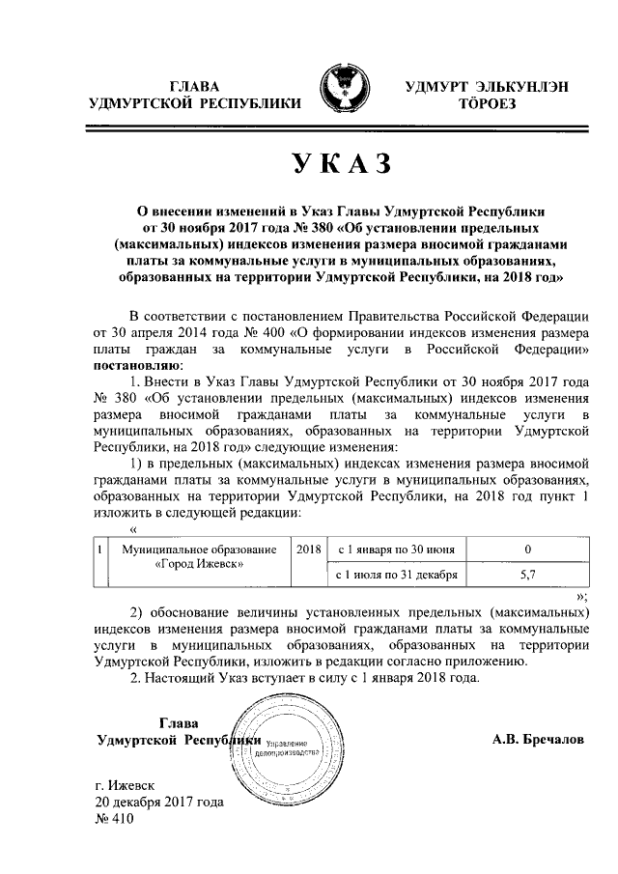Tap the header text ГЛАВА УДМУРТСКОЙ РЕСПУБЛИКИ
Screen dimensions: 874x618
click(x=193, y=94)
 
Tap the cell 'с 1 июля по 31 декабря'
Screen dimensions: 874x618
click(x=391, y=574)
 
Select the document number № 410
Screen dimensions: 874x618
click(x=114, y=819)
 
